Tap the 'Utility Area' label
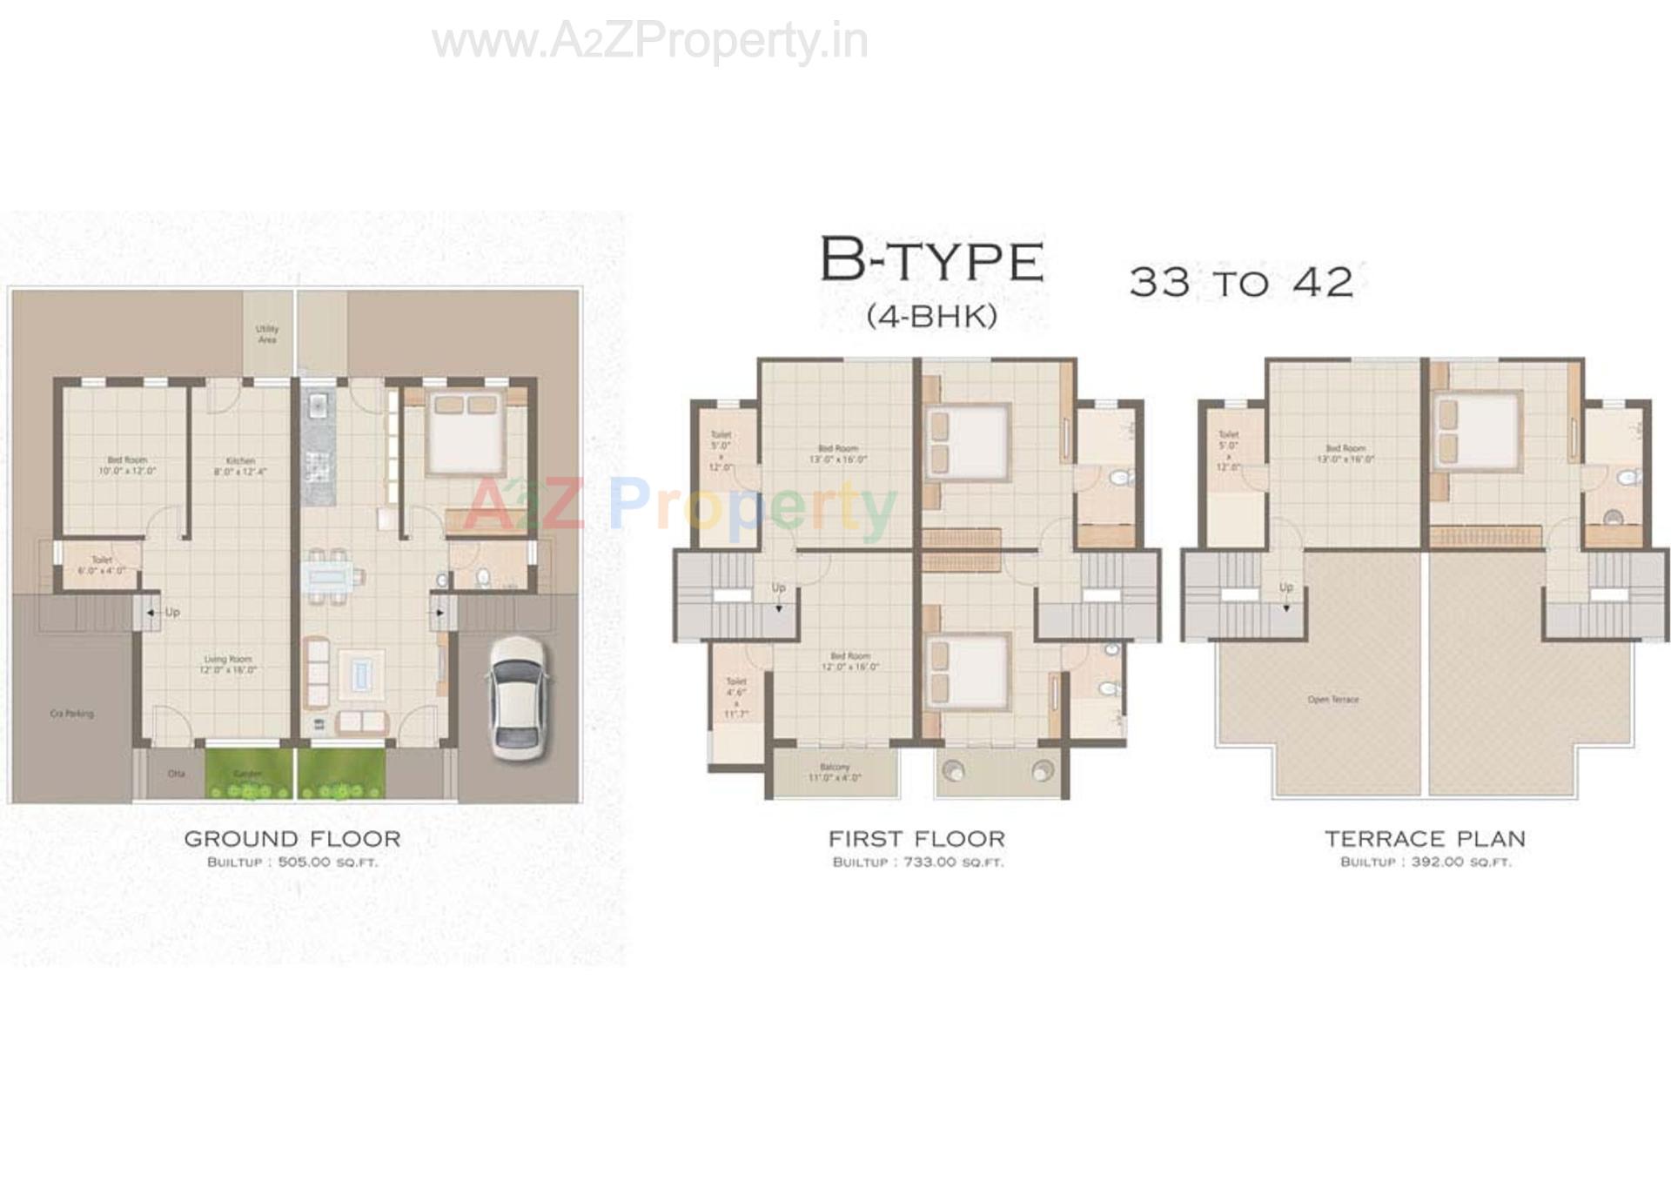[x=267, y=334]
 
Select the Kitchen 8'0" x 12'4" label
[x=240, y=466]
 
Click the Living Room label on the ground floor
[x=228, y=664]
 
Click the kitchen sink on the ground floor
[x=317, y=404]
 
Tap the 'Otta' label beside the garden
[x=177, y=773]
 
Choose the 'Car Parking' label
[x=72, y=714]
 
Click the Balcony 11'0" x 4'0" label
[x=834, y=772]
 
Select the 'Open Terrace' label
[x=1332, y=699]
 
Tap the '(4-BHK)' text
[x=931, y=316]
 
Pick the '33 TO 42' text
[x=1241, y=283]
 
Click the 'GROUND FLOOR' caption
[x=292, y=839]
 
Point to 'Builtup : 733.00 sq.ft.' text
[x=917, y=862]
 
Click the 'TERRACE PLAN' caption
[x=1425, y=839]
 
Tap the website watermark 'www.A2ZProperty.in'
[x=650, y=42]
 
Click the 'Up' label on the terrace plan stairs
[x=1286, y=587]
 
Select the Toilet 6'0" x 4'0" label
[x=102, y=565]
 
